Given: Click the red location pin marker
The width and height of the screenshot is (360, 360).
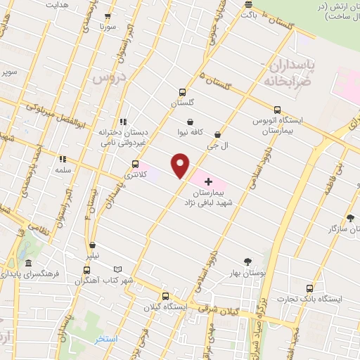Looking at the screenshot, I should (x=181, y=165).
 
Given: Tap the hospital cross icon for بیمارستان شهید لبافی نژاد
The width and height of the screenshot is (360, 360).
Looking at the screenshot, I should (x=208, y=181).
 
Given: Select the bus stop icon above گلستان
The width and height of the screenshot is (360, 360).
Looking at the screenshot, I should (x=182, y=91).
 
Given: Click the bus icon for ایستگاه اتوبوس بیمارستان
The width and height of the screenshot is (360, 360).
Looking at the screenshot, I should (x=277, y=110).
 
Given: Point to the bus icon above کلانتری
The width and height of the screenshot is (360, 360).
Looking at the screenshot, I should (x=135, y=164).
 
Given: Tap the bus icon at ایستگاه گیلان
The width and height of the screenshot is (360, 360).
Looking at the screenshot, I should (x=166, y=295).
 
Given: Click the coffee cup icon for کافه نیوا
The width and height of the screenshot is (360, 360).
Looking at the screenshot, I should (x=190, y=121).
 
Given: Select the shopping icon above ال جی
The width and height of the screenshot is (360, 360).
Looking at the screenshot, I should (x=217, y=134).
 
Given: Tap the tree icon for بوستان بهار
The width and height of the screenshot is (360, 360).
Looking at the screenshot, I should (x=246, y=262).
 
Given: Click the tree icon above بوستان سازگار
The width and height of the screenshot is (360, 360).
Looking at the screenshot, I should (x=350, y=219).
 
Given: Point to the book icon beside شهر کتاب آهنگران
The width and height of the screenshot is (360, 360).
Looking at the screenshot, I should (x=117, y=269).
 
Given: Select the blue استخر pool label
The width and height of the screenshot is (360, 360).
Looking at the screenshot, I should (x=107, y=340).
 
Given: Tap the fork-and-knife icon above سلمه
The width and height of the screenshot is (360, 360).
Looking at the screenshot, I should (x=62, y=160).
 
